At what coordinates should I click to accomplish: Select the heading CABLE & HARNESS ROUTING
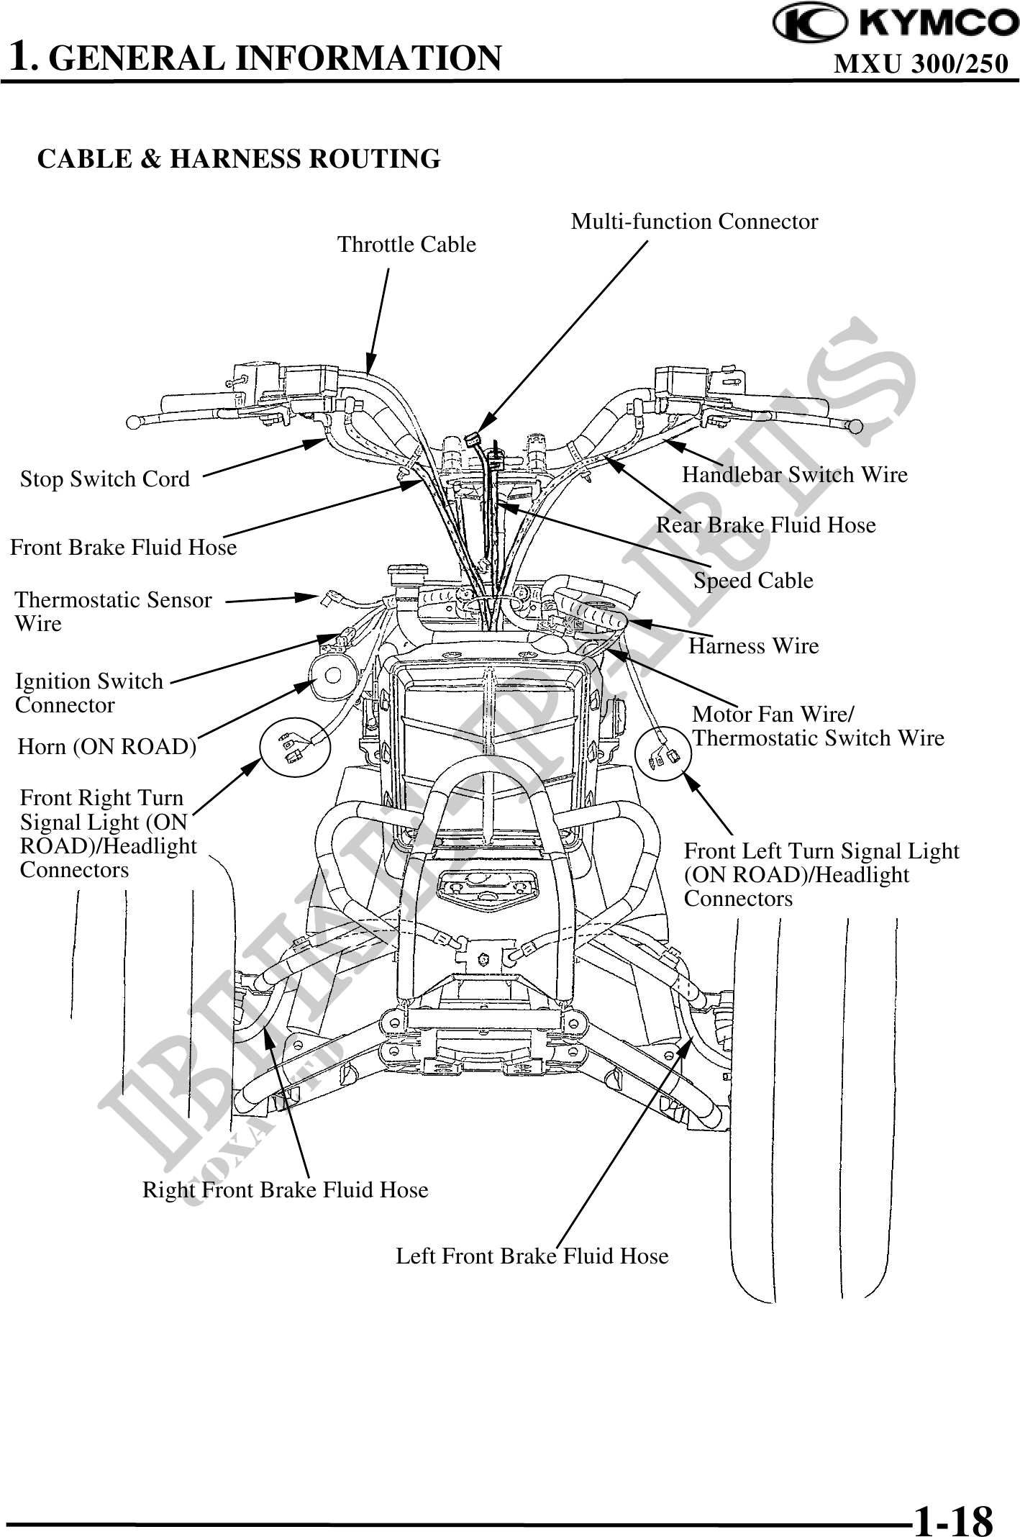click(x=238, y=159)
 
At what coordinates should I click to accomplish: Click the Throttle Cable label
click(x=406, y=245)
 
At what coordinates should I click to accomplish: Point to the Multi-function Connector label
click(x=694, y=222)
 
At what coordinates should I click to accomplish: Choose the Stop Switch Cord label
click(x=105, y=479)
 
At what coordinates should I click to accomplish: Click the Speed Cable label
click(x=753, y=581)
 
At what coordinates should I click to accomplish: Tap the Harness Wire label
click(x=753, y=646)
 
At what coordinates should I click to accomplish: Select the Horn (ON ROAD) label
click(x=107, y=747)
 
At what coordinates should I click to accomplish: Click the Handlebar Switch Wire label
click(x=794, y=475)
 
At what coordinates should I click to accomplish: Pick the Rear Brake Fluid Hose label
click(x=765, y=525)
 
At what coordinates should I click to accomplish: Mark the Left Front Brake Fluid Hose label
click(x=532, y=1256)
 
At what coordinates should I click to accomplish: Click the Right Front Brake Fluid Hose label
click(x=285, y=1190)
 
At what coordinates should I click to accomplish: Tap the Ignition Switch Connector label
click(x=89, y=693)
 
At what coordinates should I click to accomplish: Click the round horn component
click(x=334, y=676)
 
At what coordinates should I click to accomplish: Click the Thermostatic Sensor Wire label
click(x=114, y=612)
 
